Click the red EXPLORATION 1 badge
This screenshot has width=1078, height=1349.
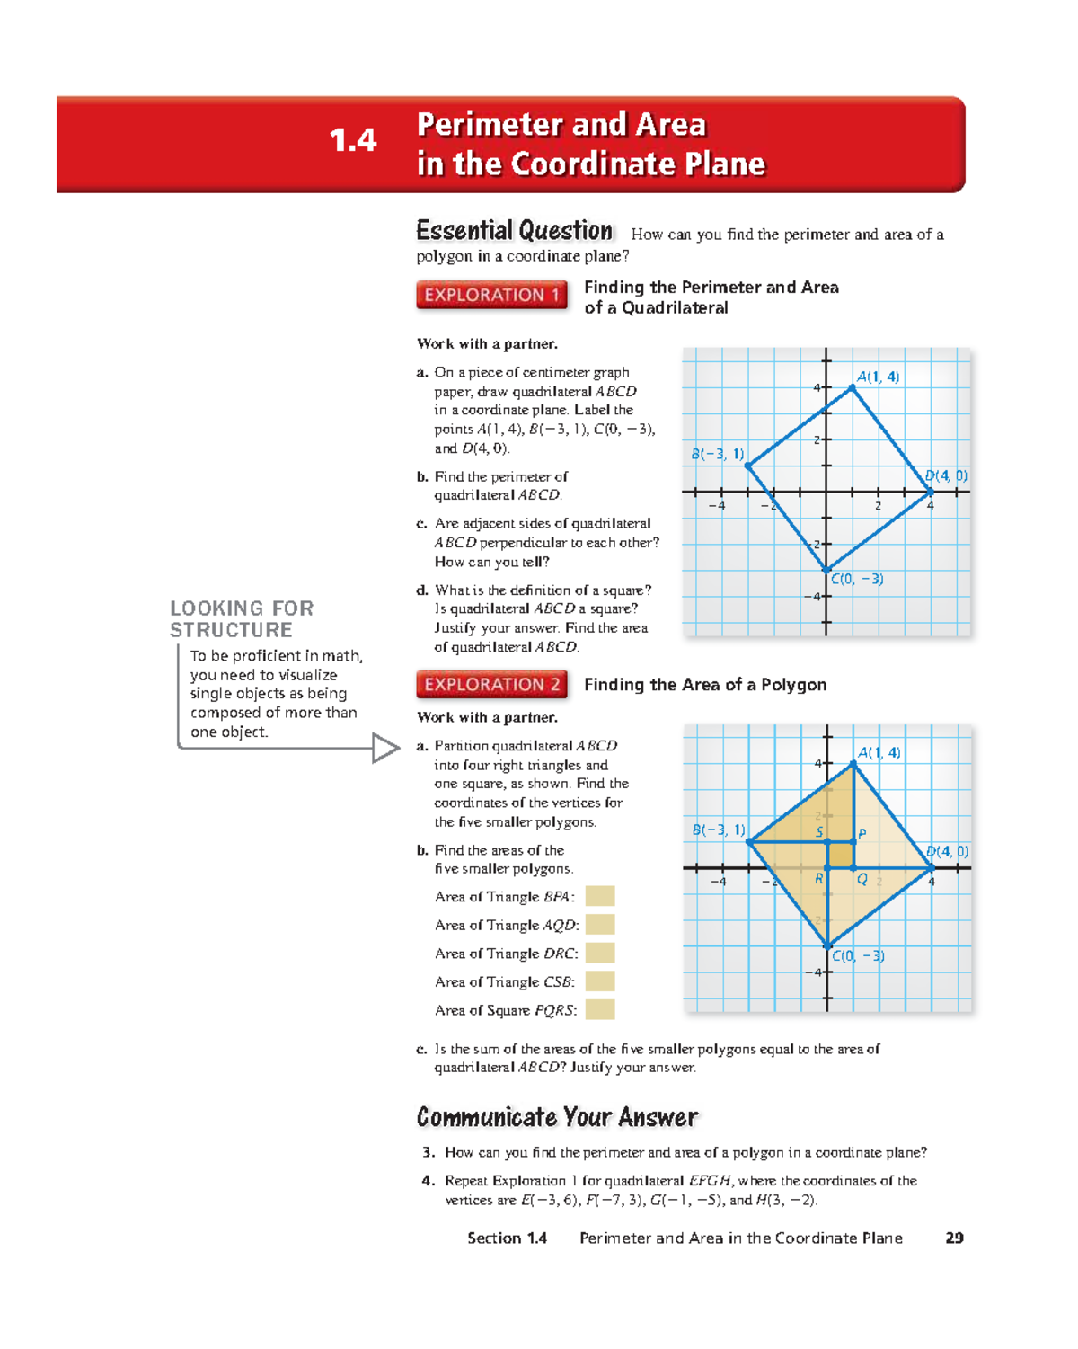pyautogui.click(x=491, y=295)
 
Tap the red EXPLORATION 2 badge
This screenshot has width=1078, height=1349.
pyautogui.click(x=491, y=685)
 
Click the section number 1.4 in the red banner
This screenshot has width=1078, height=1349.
pyautogui.click(x=353, y=140)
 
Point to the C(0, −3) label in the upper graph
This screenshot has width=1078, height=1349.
pyautogui.click(x=857, y=580)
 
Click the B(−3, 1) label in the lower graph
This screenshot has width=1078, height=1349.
pyautogui.click(x=718, y=830)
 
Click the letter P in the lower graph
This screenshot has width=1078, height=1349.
pyautogui.click(x=862, y=834)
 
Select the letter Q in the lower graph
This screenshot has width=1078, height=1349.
pyautogui.click(x=862, y=880)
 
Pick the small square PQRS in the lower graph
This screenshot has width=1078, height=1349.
pyautogui.click(x=840, y=855)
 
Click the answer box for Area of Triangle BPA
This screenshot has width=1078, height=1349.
pyautogui.click(x=600, y=896)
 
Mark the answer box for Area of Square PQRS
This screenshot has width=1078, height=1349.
pyautogui.click(x=600, y=1009)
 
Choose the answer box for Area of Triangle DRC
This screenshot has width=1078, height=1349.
pyautogui.click(x=600, y=953)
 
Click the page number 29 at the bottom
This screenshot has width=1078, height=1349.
pyautogui.click(x=954, y=1238)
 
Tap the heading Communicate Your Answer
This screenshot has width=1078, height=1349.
pyautogui.click(x=557, y=1117)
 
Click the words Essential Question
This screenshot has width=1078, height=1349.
pyautogui.click(x=514, y=231)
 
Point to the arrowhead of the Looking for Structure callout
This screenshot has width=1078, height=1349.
pyautogui.click(x=386, y=748)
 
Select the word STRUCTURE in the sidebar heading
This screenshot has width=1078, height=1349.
pyautogui.click(x=231, y=630)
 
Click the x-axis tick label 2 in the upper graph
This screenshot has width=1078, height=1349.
pyautogui.click(x=878, y=506)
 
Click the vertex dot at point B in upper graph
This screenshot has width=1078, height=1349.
pyautogui.click(x=748, y=466)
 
